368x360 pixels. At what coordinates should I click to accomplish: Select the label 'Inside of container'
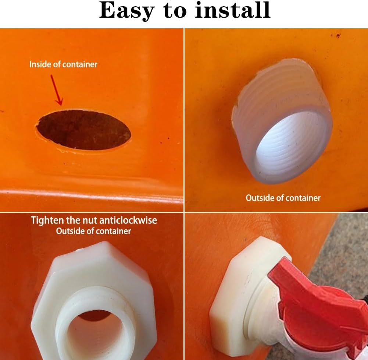pyautogui.click(x=63, y=64)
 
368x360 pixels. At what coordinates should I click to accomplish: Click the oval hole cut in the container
pyautogui.click(x=83, y=130)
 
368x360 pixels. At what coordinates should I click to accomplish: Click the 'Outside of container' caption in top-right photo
pyautogui.click(x=283, y=198)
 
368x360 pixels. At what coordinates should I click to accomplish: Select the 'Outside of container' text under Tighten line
pyautogui.click(x=93, y=231)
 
